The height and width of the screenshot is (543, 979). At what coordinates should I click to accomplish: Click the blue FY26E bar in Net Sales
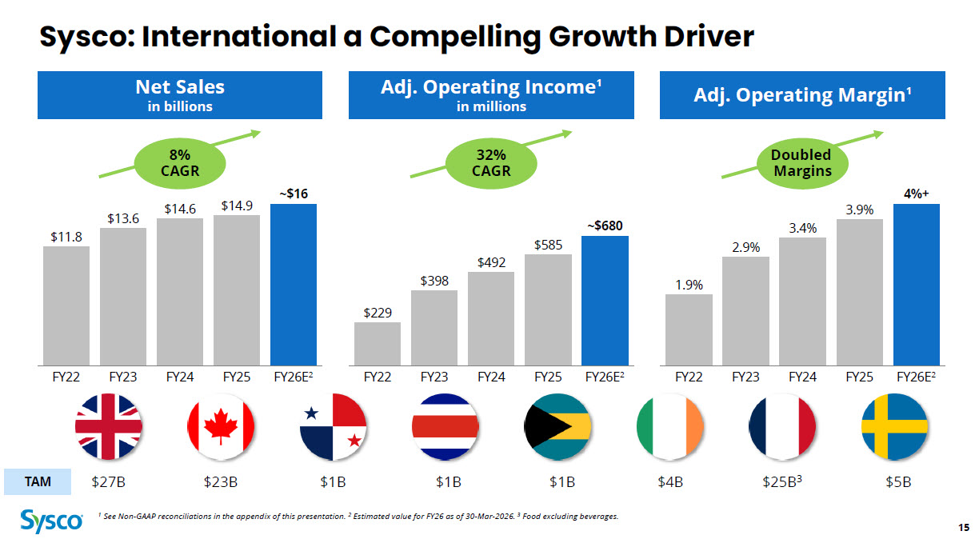[294, 283]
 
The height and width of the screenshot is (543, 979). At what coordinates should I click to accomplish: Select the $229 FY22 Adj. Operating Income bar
[378, 342]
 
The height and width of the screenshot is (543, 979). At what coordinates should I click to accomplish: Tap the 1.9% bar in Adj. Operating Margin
[689, 328]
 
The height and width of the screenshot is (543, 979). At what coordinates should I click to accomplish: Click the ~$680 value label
[605, 226]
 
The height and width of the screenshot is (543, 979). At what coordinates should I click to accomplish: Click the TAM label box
[38, 481]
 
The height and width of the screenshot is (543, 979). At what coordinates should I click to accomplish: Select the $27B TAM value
[108, 482]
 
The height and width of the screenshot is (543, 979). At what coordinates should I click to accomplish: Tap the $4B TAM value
[670, 482]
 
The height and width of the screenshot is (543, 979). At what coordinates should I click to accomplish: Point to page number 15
[963, 526]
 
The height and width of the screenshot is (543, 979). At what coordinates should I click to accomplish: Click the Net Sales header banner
[180, 94]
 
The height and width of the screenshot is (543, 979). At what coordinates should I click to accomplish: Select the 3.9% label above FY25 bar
[859, 210]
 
